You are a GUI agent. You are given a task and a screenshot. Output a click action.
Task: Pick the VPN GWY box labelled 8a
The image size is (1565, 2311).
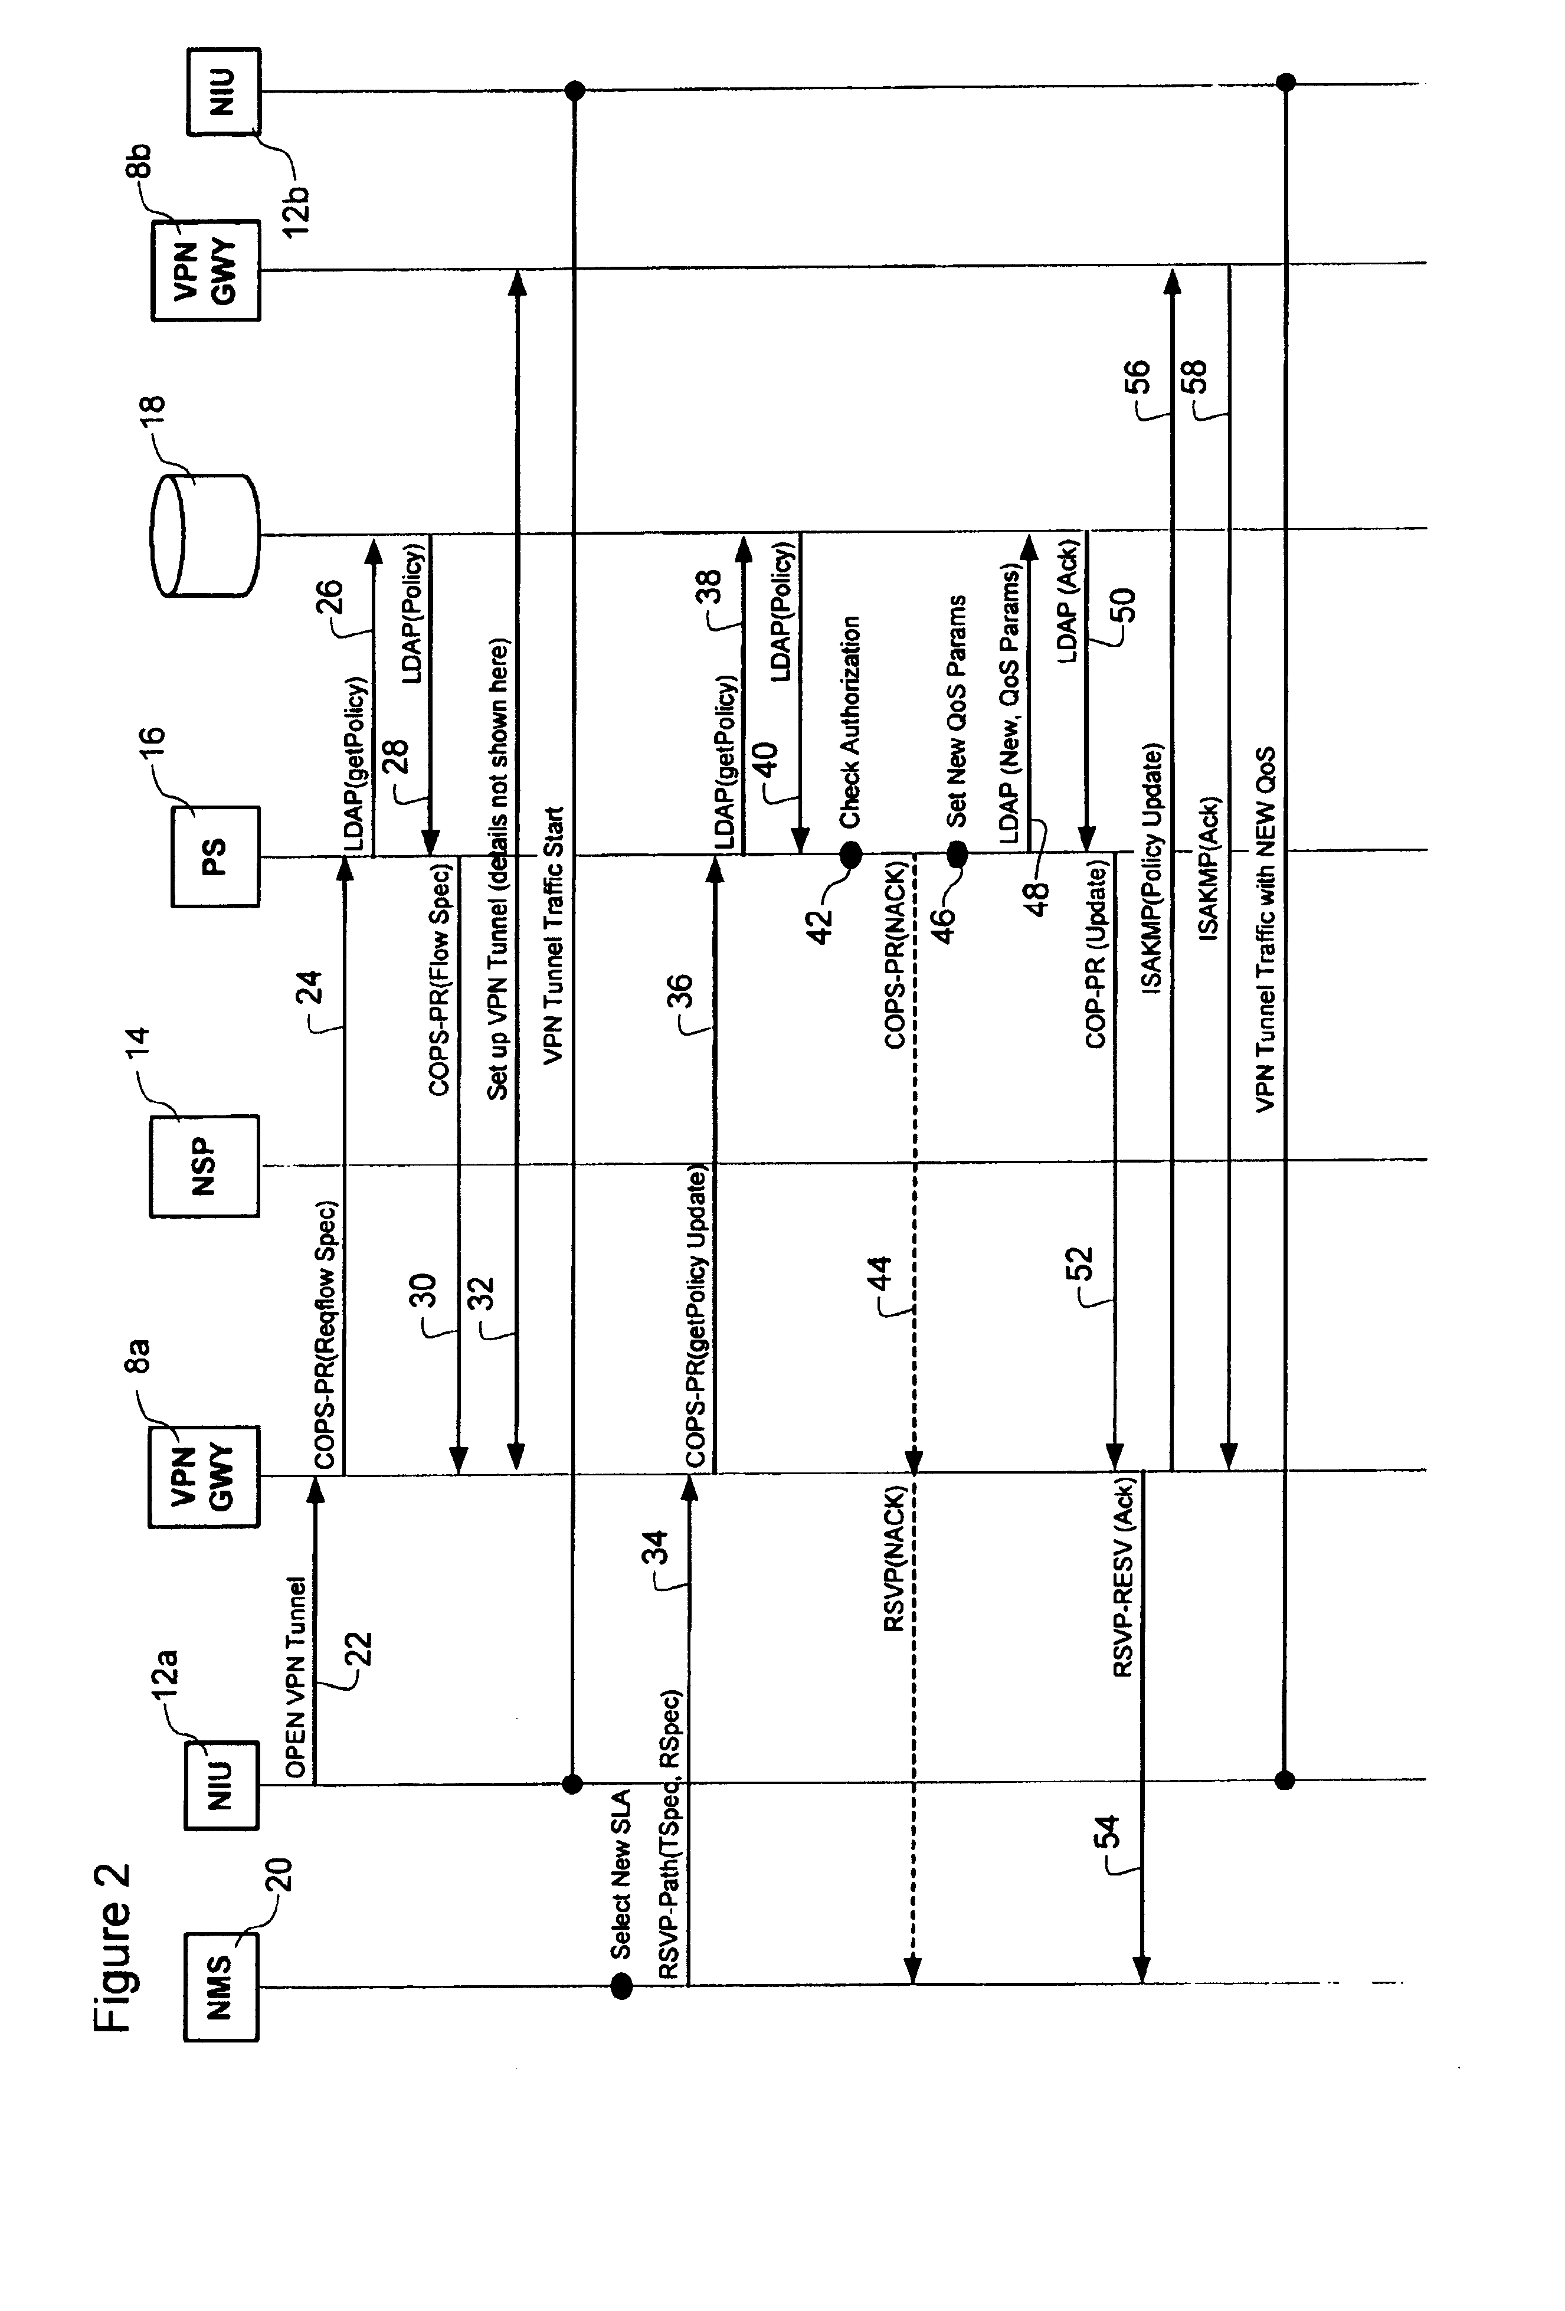click(x=204, y=1477)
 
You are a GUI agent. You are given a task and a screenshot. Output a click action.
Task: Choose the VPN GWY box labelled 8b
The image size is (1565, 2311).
click(x=206, y=270)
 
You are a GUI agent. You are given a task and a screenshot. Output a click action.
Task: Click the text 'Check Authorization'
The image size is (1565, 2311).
click(x=851, y=723)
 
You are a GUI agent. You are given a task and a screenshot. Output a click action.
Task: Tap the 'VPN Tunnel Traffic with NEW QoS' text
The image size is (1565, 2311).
click(x=1265, y=929)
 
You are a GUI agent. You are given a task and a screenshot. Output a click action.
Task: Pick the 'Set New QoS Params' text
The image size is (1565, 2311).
click(x=957, y=711)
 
